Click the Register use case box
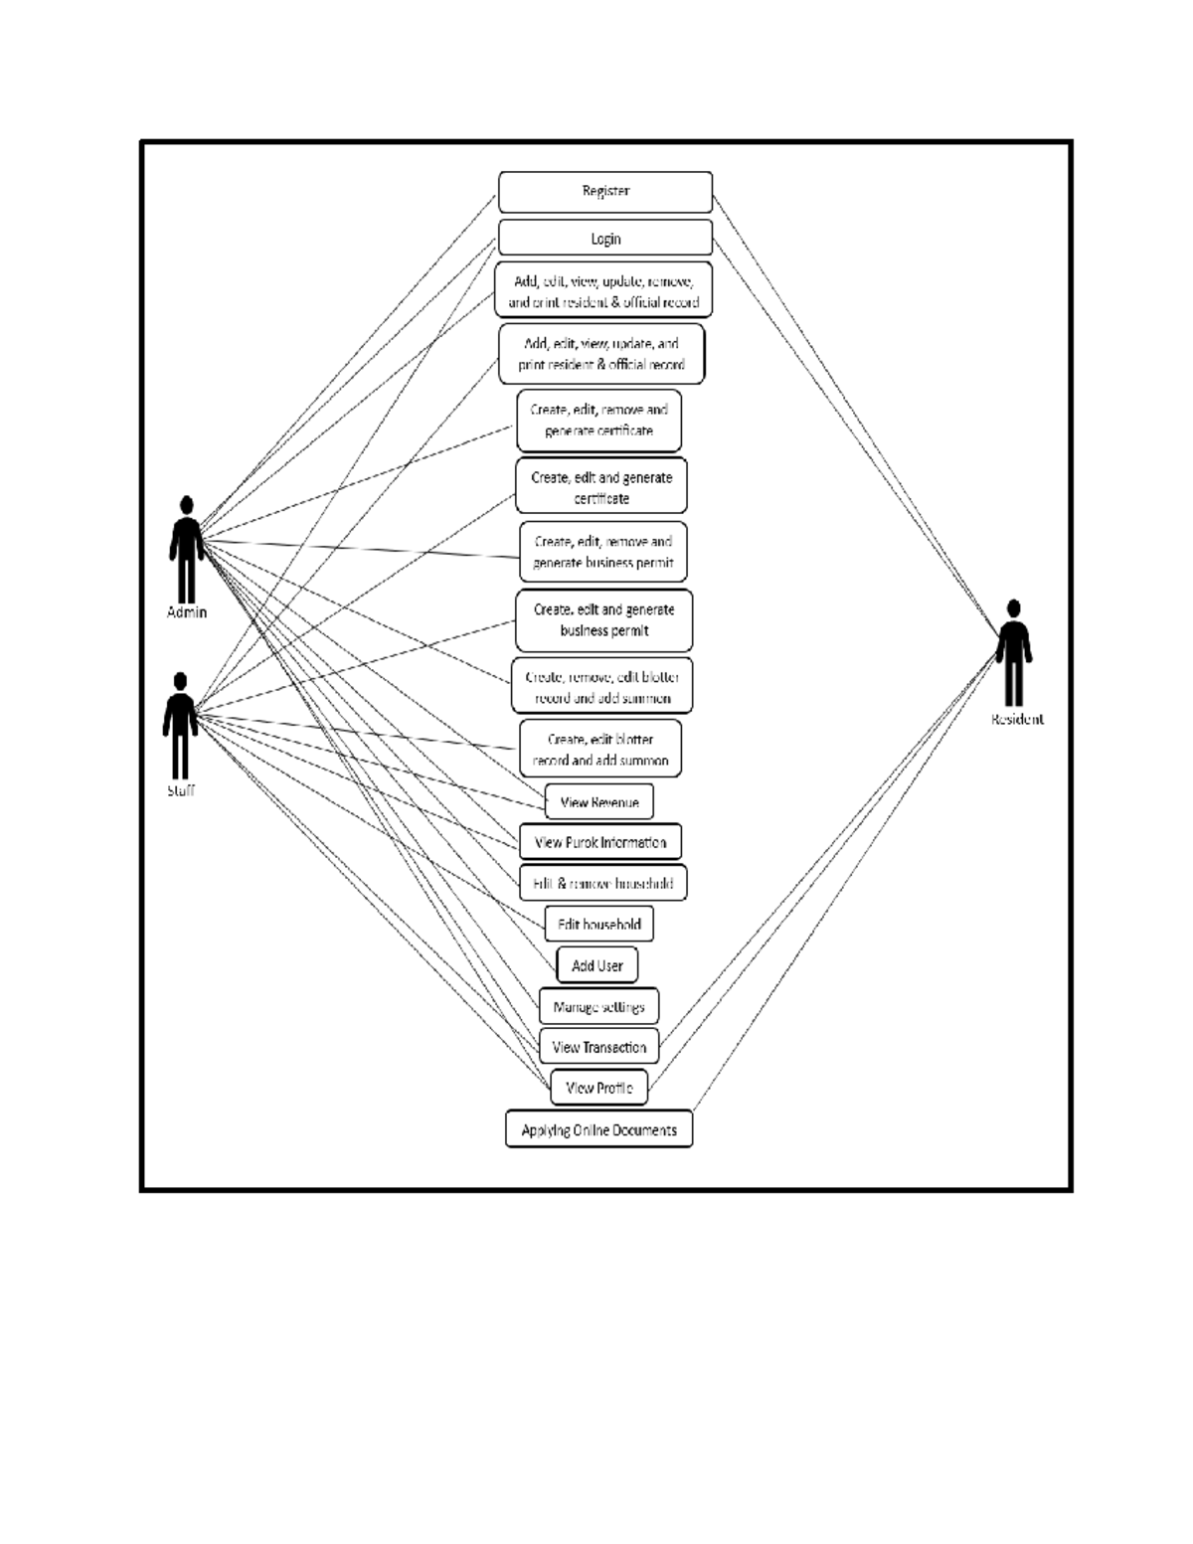[604, 192]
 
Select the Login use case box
[604, 239]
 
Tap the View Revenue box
[598, 802]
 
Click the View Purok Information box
[599, 842]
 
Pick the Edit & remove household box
[602, 883]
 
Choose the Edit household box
[598, 925]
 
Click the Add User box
[596, 965]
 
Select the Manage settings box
[598, 1006]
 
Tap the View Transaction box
[598, 1047]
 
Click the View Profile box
[598, 1088]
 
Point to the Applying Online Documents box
[598, 1129]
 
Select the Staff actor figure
[180, 725]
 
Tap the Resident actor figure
[1013, 652]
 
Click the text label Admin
[187, 612]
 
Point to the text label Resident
[1017, 720]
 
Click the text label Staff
[180, 791]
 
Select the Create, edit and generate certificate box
[600, 486]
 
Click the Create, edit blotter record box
[599, 749]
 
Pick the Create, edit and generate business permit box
[603, 620]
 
